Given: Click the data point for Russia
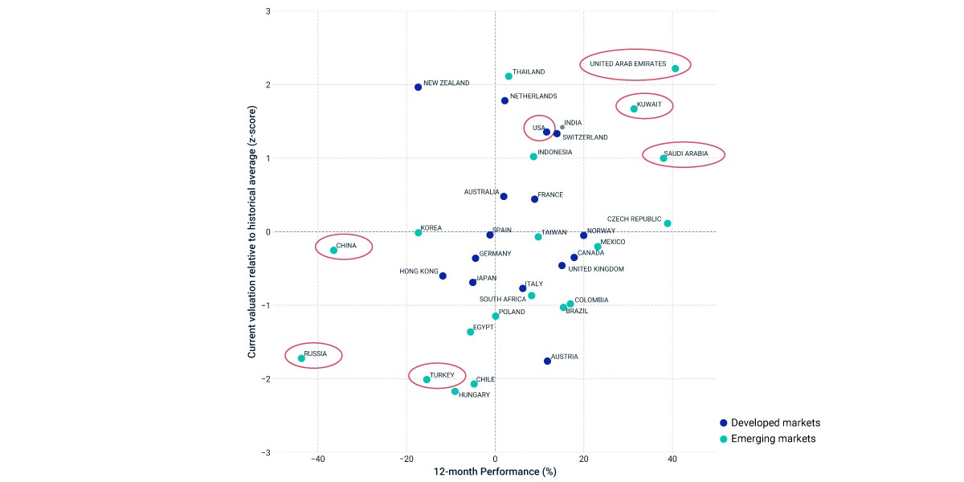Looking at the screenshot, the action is pyautogui.click(x=301, y=358).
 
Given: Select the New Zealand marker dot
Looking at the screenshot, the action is pyautogui.click(x=418, y=87).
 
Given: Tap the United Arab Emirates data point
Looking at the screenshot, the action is pyautogui.click(x=676, y=68).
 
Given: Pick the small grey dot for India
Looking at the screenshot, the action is pyautogui.click(x=562, y=128).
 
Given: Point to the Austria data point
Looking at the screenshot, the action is pyautogui.click(x=547, y=361).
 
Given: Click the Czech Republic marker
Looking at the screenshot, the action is pyautogui.click(x=668, y=223).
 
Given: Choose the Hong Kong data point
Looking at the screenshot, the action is pyautogui.click(x=443, y=276).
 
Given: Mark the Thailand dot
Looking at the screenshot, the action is pyautogui.click(x=509, y=76).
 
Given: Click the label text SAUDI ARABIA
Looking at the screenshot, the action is pyautogui.click(x=685, y=153).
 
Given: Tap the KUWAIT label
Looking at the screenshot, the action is pyautogui.click(x=649, y=104).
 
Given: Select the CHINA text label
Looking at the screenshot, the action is pyautogui.click(x=346, y=245).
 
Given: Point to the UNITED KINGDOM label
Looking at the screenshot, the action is pyautogui.click(x=596, y=269).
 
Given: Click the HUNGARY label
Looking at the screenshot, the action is pyautogui.click(x=474, y=394).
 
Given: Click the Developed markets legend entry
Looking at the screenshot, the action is pyautogui.click(x=770, y=423).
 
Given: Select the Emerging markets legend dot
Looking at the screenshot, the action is pyautogui.click(x=724, y=439).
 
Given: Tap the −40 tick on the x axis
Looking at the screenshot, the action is pyautogui.click(x=317, y=459).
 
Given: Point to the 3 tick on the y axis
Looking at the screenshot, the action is pyautogui.click(x=268, y=11).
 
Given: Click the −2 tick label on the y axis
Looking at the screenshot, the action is pyautogui.click(x=267, y=379).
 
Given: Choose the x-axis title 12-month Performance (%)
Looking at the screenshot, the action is pyautogui.click(x=495, y=472).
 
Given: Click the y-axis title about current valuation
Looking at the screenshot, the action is pyautogui.click(x=251, y=231).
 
